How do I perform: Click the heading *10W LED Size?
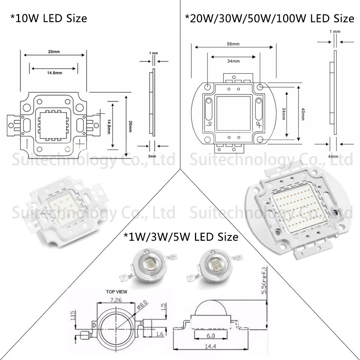[x=48, y=18]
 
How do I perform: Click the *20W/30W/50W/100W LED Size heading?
[x=270, y=18]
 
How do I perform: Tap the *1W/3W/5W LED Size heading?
[x=181, y=237]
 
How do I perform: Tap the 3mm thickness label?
[x=152, y=156]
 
